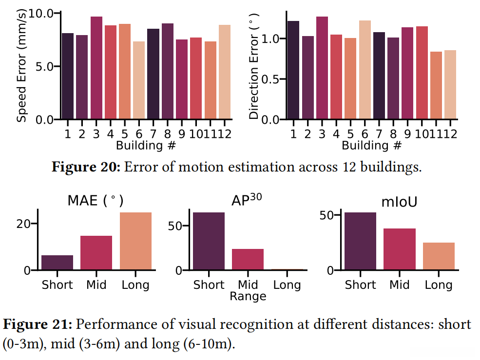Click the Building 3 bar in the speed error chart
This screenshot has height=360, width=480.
(x=96, y=68)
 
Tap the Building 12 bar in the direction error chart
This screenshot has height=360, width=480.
(x=450, y=85)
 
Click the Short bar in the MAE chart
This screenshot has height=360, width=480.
(x=57, y=263)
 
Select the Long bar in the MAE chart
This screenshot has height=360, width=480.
(x=135, y=241)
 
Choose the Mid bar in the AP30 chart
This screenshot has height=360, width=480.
(x=248, y=260)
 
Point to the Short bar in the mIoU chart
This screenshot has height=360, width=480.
(x=360, y=241)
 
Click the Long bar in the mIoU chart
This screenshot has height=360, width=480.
(x=439, y=256)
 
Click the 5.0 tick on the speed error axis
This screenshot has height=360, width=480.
(x=43, y=66)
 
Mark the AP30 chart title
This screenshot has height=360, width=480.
(x=248, y=201)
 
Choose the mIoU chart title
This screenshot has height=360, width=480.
(x=400, y=201)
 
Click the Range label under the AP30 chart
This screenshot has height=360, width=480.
(x=248, y=296)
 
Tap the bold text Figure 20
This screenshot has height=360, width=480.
(x=86, y=167)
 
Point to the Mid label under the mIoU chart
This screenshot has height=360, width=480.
(x=400, y=284)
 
